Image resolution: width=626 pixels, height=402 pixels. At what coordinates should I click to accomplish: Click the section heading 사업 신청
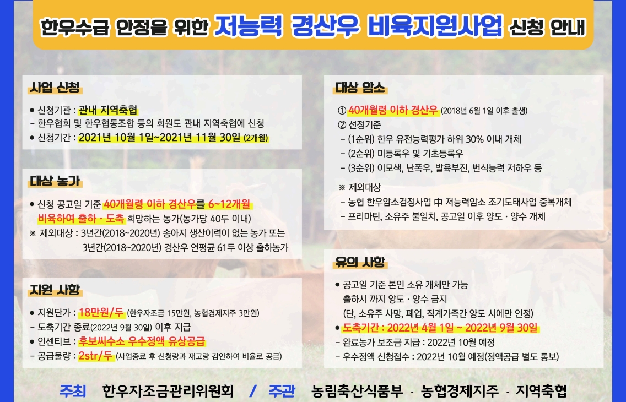click(x=55, y=87)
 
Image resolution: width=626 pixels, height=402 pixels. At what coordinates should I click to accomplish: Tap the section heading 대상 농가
click(x=55, y=181)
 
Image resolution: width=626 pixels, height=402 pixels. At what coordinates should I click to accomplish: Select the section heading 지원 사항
click(x=55, y=290)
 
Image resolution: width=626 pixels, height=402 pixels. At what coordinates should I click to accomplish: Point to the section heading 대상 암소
click(x=360, y=88)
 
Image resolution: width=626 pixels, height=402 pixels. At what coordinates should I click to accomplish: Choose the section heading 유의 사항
click(x=360, y=262)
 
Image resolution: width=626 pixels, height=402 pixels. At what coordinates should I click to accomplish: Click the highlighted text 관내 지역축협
click(x=108, y=110)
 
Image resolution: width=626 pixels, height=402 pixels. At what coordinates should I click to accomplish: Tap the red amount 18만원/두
click(x=101, y=312)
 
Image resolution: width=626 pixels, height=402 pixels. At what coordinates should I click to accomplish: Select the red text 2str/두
click(x=96, y=355)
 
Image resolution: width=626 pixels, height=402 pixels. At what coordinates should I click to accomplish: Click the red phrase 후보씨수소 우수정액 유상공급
click(x=142, y=341)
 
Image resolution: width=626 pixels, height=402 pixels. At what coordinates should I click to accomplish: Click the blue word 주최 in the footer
click(x=73, y=391)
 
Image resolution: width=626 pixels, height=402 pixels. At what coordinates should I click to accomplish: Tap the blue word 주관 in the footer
click(x=282, y=391)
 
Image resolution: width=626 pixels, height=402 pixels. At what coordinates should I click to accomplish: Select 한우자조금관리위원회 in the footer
click(x=168, y=391)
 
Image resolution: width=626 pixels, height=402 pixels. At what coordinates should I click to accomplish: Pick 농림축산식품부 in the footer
click(x=357, y=391)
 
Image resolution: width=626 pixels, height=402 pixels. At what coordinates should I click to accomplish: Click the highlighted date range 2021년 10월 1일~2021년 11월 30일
click(x=160, y=138)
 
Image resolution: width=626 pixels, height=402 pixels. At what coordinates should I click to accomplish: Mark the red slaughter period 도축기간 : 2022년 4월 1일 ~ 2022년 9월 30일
click(x=440, y=328)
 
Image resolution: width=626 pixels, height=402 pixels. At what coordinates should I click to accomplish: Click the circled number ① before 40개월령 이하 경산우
click(x=342, y=111)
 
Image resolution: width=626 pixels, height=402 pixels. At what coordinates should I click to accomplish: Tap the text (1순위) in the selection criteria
click(x=361, y=139)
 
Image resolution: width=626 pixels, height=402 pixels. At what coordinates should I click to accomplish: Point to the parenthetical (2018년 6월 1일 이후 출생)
click(x=484, y=111)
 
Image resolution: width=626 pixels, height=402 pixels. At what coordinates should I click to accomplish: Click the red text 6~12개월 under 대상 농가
click(x=229, y=204)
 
